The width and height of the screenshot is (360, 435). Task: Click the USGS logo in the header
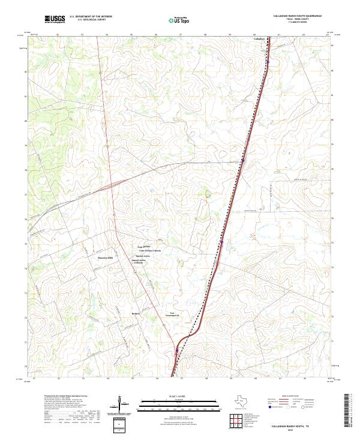[55, 19]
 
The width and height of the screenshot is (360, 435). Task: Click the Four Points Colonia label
[149, 250]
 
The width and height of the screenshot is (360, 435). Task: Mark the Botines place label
[135, 313]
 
